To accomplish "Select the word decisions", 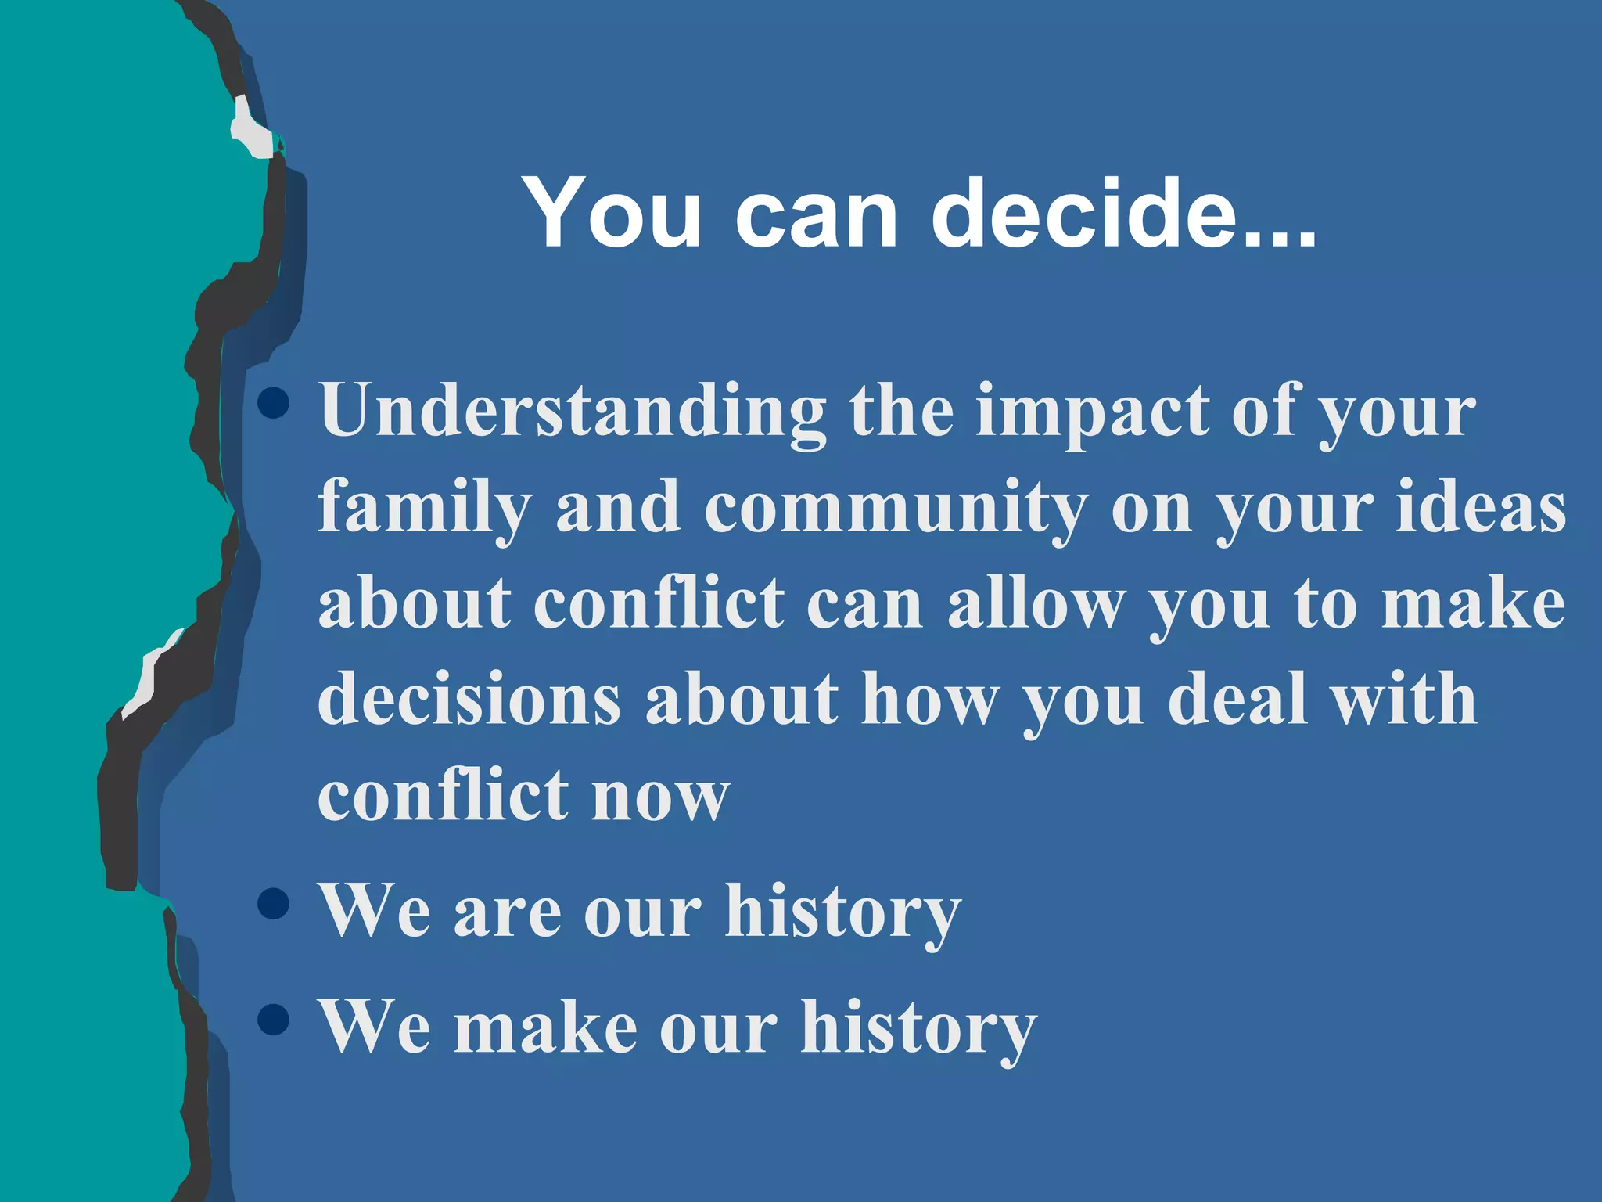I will [x=469, y=699].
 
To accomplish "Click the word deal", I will [x=1237, y=699].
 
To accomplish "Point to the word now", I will [x=660, y=797].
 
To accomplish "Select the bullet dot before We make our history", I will [x=273, y=1019].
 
